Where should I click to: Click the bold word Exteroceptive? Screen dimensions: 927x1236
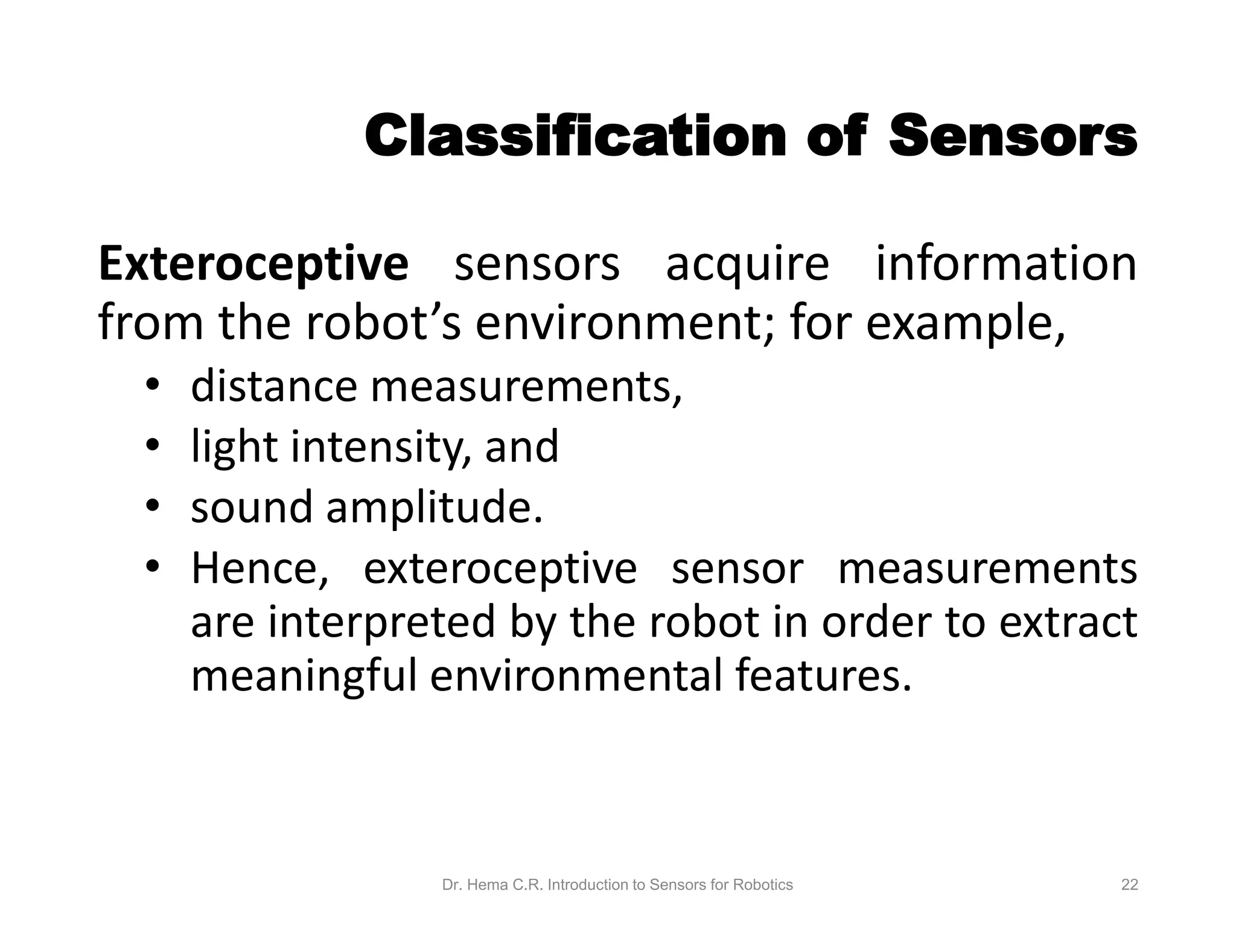tap(253, 264)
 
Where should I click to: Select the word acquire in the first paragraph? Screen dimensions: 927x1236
tap(747, 264)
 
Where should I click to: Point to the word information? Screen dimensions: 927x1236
tap(1006, 264)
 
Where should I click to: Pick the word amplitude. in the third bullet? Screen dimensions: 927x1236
tap(435, 508)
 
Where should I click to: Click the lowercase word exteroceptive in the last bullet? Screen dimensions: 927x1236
tap(500, 569)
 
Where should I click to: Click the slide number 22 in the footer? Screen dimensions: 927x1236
tap(1129, 885)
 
